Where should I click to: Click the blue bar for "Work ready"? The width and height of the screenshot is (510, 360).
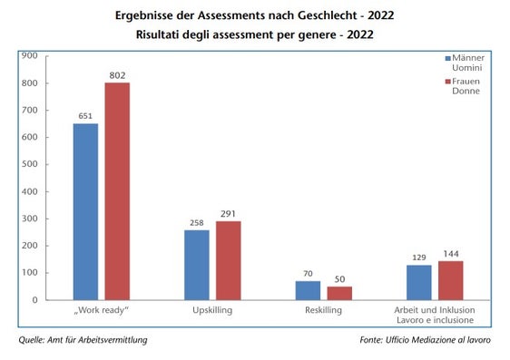tap(85, 211)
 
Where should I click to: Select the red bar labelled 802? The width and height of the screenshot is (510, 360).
tap(117, 191)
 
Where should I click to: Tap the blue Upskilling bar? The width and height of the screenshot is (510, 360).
tap(196, 265)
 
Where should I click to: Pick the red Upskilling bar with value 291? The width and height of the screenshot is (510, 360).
tap(228, 260)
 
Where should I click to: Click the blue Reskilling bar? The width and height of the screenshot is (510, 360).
tap(308, 290)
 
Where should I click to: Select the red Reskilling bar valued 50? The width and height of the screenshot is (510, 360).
tap(339, 293)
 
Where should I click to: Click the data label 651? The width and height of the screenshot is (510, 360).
tap(85, 115)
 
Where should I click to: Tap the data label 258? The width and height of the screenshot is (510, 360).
tap(196, 222)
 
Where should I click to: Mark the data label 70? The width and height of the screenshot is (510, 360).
tap(308, 273)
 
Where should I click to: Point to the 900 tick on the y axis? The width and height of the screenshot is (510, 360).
tap(28, 56)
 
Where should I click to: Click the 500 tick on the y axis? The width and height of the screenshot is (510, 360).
tap(28, 164)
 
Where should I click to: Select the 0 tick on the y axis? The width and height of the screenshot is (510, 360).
tap(34, 300)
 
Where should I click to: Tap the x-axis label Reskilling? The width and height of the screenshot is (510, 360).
tap(323, 311)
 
